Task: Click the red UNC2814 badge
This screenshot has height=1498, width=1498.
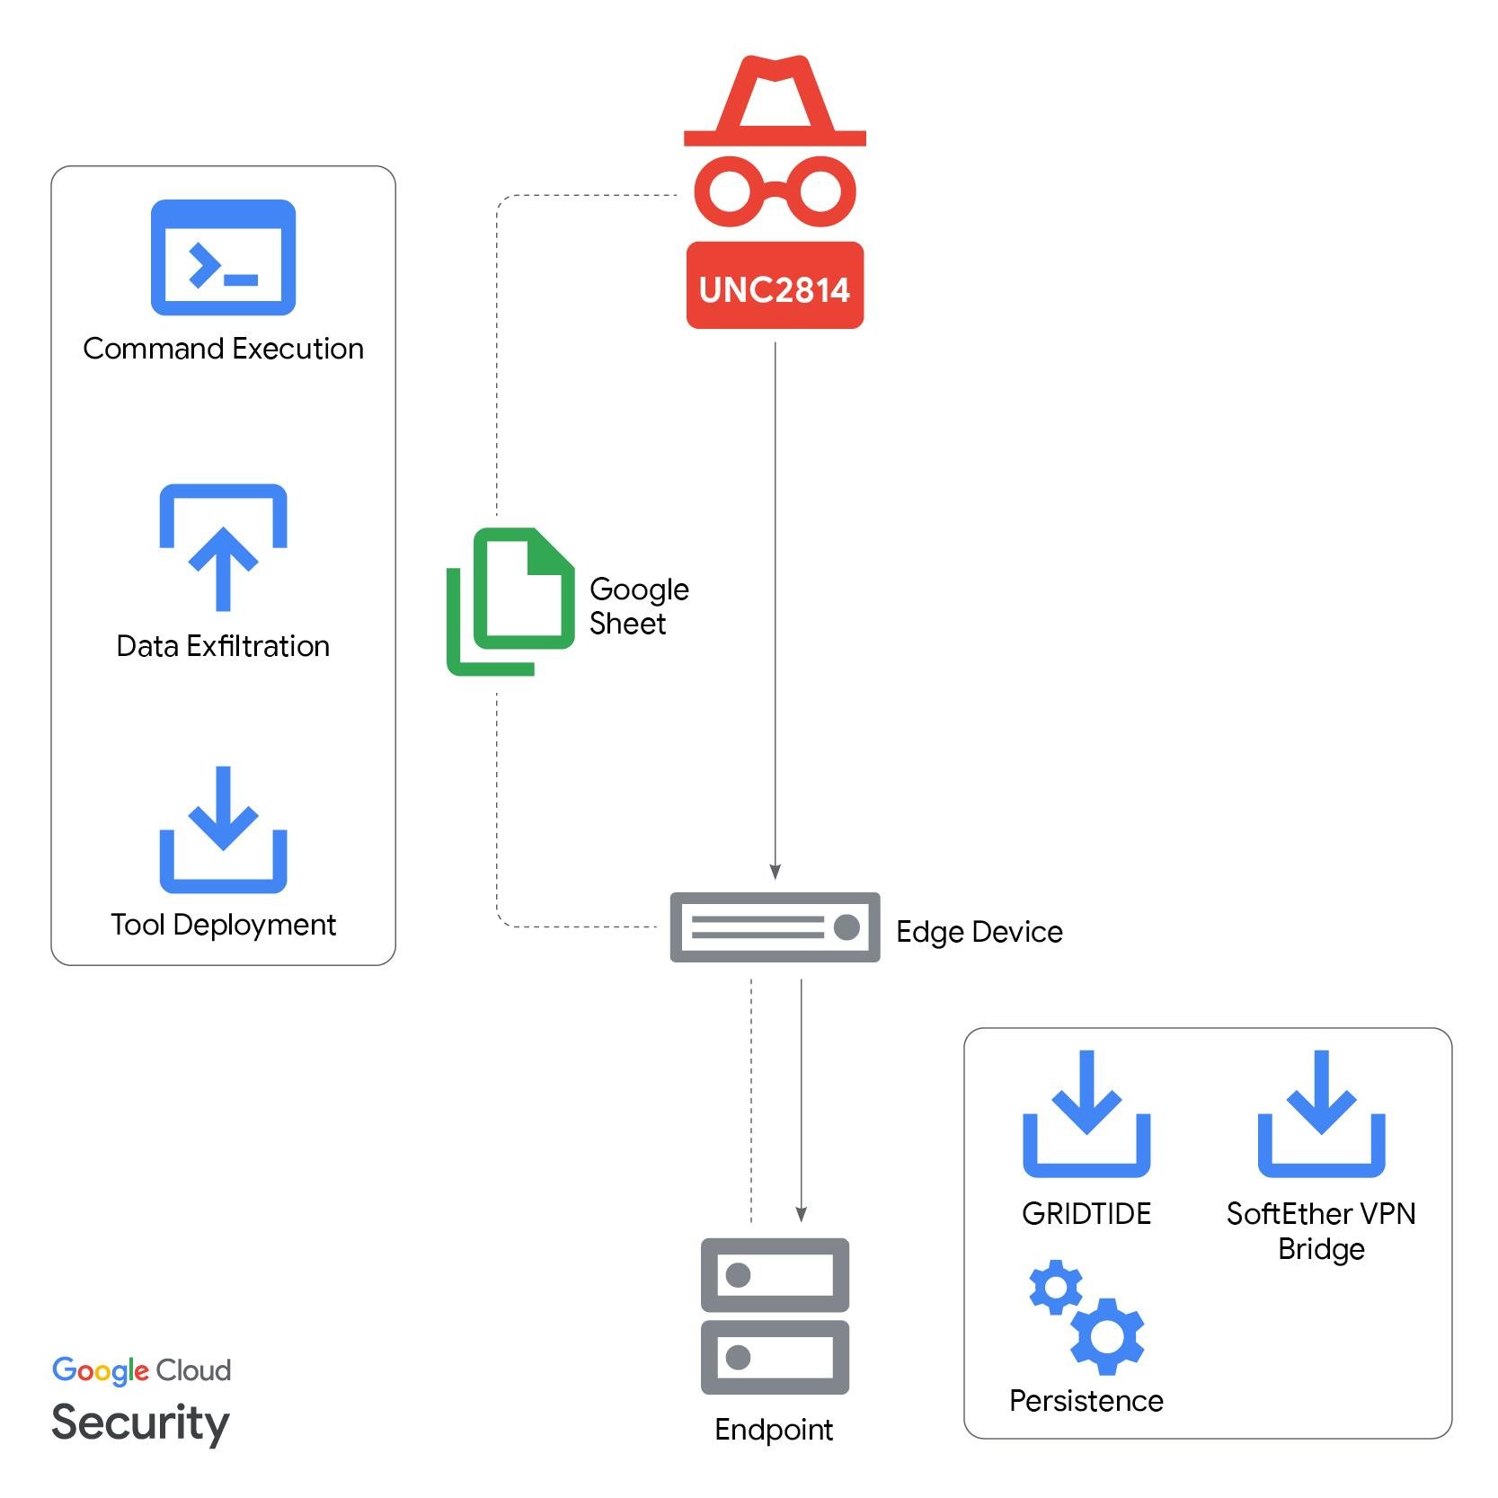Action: click(x=775, y=287)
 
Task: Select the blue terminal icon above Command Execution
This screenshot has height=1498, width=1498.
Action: click(x=223, y=258)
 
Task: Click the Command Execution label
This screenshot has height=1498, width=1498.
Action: click(x=223, y=349)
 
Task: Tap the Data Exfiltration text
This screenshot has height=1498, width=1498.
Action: click(x=223, y=646)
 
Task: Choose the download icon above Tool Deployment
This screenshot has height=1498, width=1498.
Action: click(x=223, y=830)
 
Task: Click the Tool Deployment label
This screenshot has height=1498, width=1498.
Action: click(x=223, y=925)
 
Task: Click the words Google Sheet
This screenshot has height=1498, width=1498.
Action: click(x=638, y=607)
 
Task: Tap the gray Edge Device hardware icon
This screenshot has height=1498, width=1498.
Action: click(x=775, y=927)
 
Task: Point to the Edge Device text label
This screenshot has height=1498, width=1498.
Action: click(x=979, y=932)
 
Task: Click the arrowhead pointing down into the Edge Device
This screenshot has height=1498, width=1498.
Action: click(x=775, y=871)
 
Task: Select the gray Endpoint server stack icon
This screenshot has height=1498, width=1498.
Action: click(x=775, y=1316)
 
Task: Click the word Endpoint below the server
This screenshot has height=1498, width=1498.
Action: click(x=774, y=1429)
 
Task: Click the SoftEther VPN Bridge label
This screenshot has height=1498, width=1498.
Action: click(x=1320, y=1231)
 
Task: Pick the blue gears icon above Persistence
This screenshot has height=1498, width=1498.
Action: click(x=1086, y=1317)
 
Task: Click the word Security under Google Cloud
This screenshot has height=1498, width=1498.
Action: click(x=140, y=1423)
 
